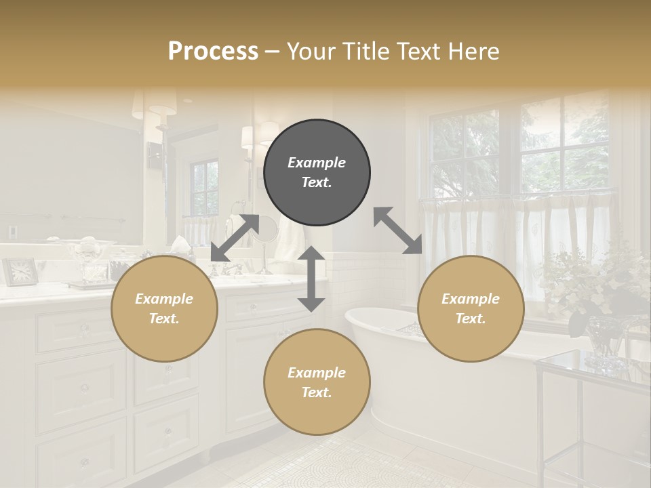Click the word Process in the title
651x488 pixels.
click(x=213, y=52)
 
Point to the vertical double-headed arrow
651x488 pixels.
click(x=311, y=279)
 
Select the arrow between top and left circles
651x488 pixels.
click(x=235, y=237)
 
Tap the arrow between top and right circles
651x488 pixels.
click(x=398, y=230)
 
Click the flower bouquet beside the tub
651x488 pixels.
click(x=597, y=285)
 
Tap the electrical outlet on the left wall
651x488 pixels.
click(x=12, y=231)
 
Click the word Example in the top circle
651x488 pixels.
click(x=317, y=163)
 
